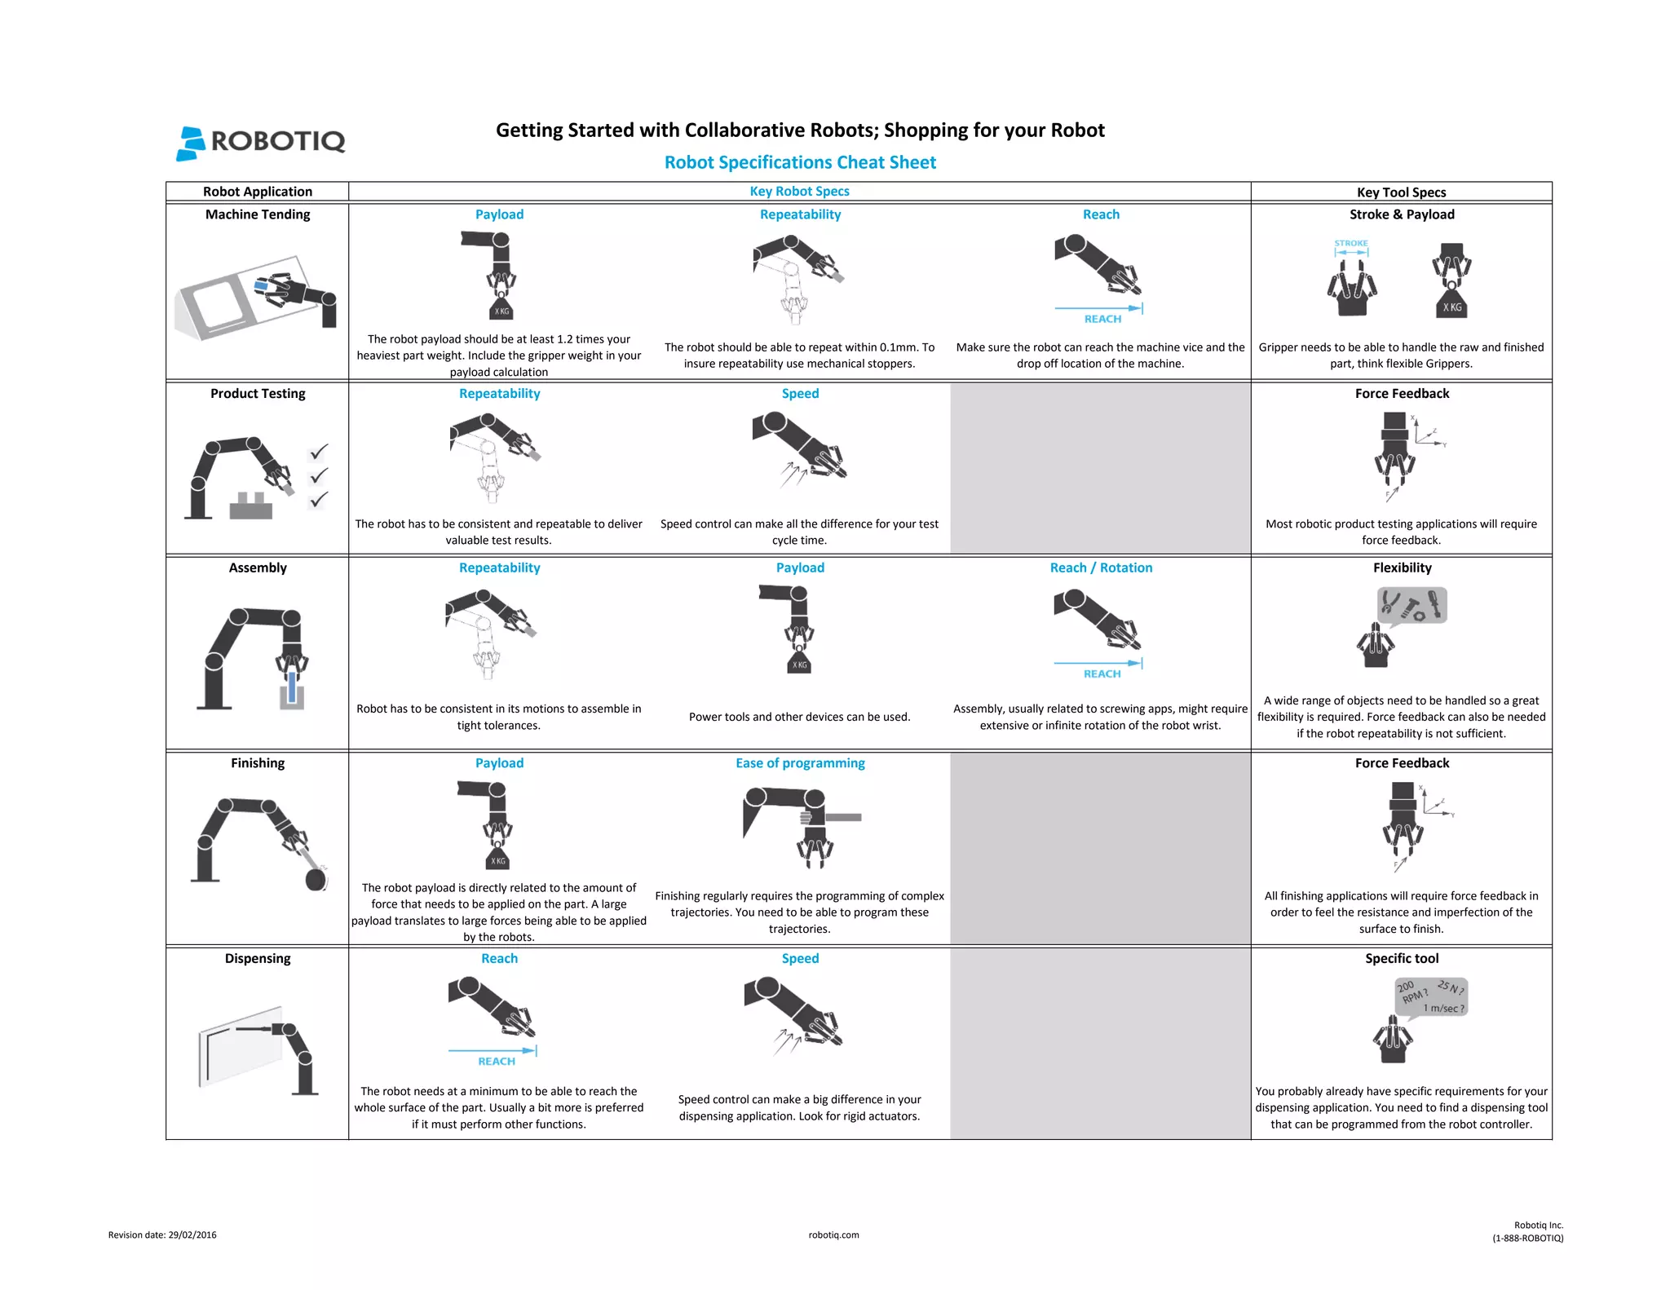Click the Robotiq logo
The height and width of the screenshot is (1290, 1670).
pos(261,142)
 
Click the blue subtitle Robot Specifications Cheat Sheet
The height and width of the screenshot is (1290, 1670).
pos(799,162)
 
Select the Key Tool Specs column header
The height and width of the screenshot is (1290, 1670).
pos(1400,192)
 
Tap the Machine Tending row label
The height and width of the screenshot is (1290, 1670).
pos(258,214)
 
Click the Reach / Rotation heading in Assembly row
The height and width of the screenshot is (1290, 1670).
pos(1100,568)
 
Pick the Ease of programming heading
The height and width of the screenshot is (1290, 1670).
pos(799,763)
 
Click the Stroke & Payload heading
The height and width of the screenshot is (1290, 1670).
pos(1401,214)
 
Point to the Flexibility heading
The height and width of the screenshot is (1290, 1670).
pos(1401,568)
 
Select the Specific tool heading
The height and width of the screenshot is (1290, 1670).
pos(1401,958)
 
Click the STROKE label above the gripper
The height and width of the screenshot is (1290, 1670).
pos(1350,243)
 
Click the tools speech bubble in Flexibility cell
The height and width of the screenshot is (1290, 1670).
pos(1412,605)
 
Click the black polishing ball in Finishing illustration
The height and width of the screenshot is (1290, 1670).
pos(316,879)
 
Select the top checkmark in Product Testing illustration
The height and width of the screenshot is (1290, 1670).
pos(319,451)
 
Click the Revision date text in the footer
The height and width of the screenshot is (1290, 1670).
pos(162,1235)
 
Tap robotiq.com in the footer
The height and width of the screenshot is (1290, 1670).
pos(833,1235)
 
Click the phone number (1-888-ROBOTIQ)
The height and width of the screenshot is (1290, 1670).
pos(1527,1238)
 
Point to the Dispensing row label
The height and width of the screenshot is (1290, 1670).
pos(258,958)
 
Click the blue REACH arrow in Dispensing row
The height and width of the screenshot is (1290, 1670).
pos(492,1051)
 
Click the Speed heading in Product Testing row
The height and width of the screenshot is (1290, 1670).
pos(799,393)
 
